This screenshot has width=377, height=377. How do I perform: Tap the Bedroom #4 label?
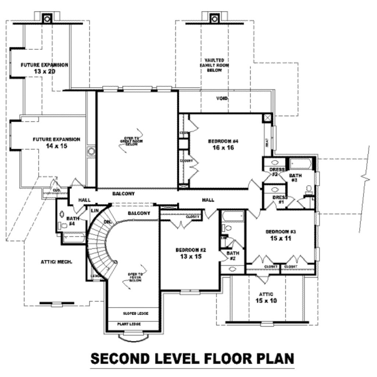click(x=223, y=141)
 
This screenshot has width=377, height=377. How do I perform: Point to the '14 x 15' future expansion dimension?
click(x=56, y=146)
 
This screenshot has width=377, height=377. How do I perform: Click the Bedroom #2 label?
click(x=191, y=250)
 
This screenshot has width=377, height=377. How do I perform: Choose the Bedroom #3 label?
click(x=281, y=232)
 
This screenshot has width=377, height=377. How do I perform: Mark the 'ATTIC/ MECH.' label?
click(x=56, y=262)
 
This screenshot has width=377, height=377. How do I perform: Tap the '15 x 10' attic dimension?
click(x=265, y=300)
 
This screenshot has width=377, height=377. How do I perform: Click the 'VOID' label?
click(x=222, y=99)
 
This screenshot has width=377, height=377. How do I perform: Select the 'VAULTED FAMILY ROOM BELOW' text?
click(x=211, y=65)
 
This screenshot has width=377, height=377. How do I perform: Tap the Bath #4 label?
click(x=71, y=221)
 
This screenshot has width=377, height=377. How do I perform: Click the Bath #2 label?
click(x=233, y=256)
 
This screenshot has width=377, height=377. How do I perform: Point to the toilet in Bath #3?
click(x=309, y=189)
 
